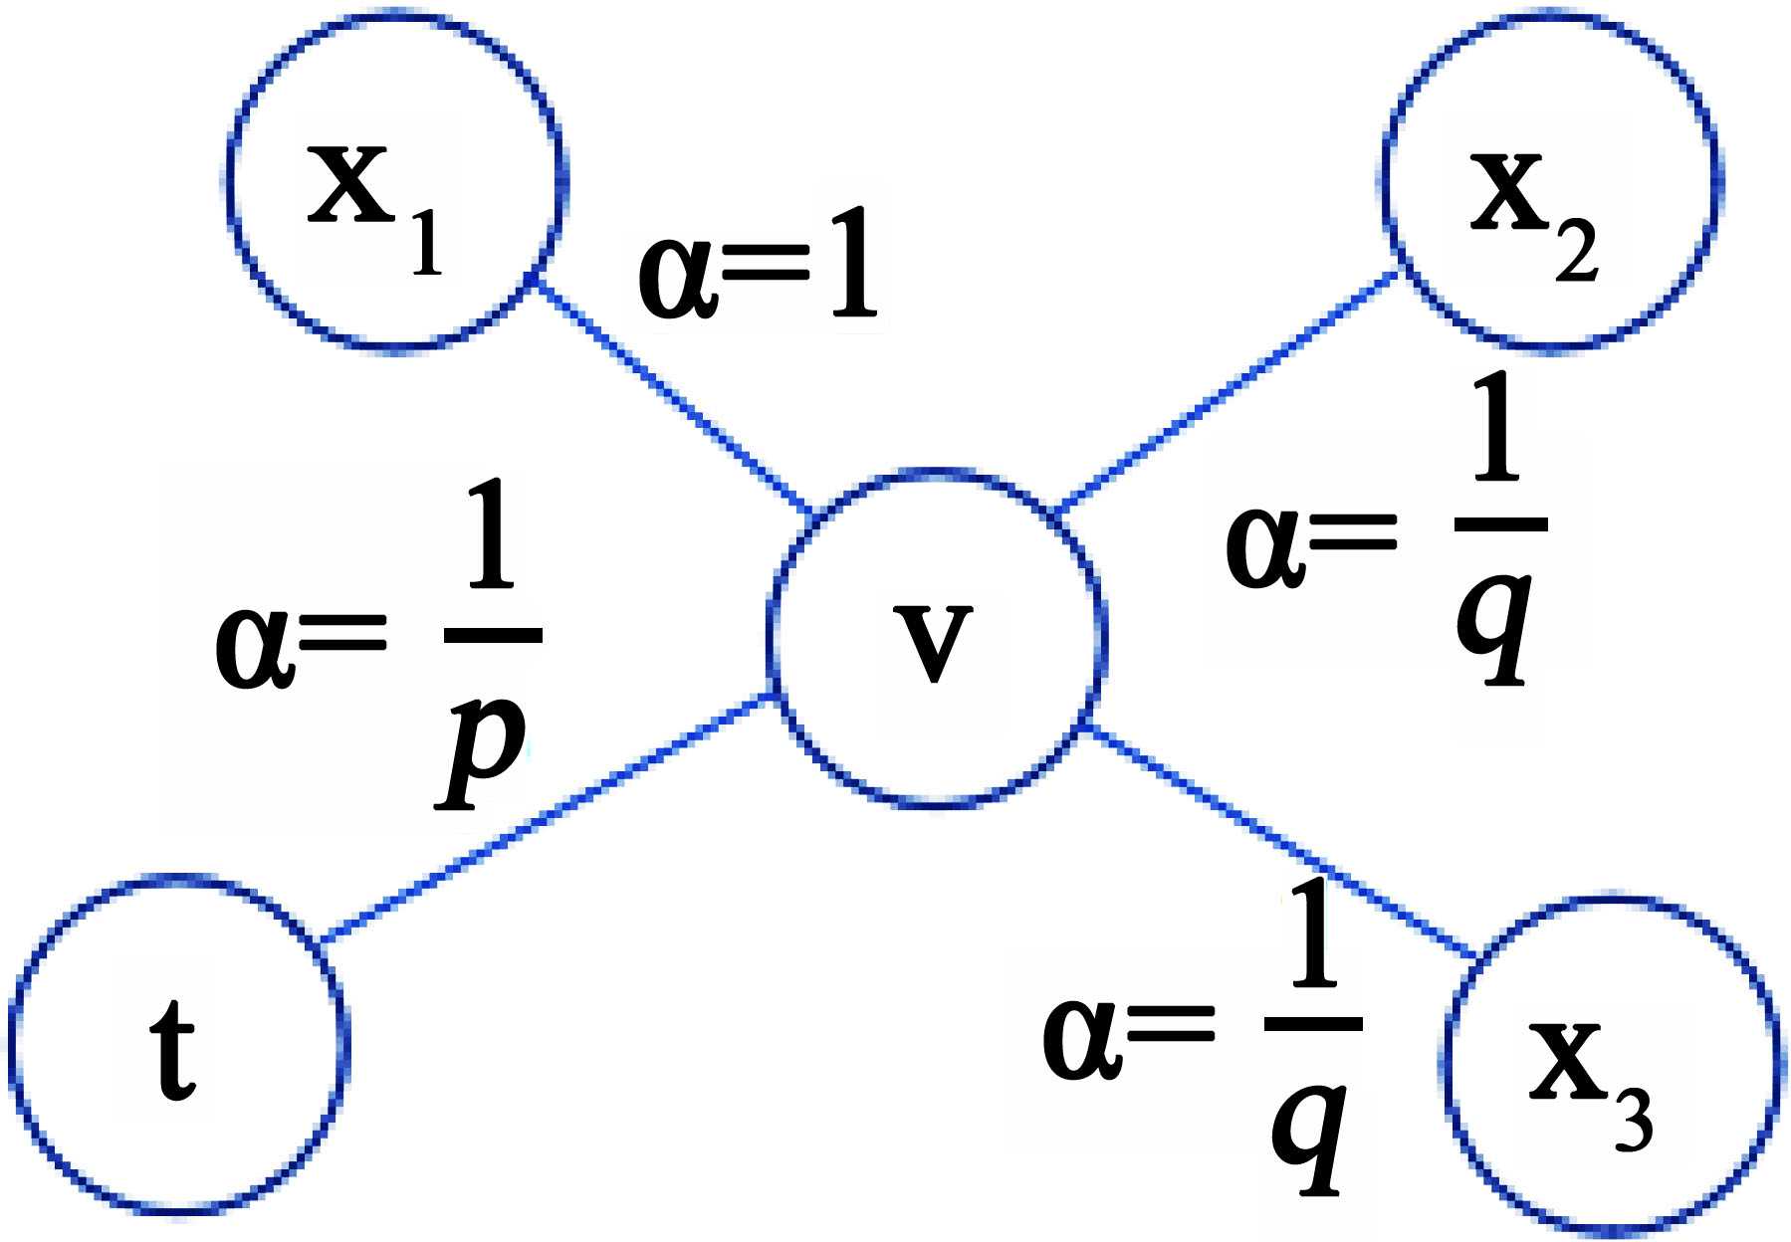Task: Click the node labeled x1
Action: tap(394, 181)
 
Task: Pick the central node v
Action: tap(936, 637)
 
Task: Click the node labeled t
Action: tap(179, 1045)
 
